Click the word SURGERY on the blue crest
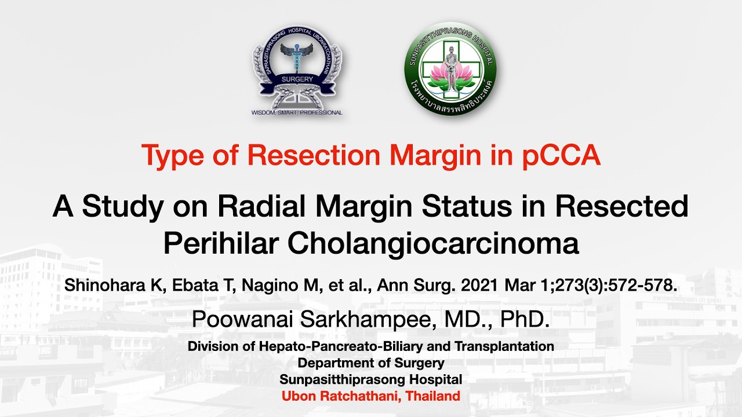297,79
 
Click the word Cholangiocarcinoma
433,243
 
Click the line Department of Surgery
371,363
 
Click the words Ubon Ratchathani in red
340,397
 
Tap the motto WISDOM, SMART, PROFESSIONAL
297,113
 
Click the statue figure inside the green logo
450,64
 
